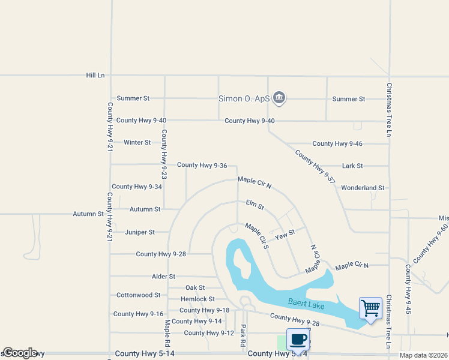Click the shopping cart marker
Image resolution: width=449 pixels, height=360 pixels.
370,309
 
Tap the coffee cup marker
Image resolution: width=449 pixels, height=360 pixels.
298,340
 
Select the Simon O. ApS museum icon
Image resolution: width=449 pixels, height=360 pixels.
279,98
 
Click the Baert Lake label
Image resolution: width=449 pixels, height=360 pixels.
306,305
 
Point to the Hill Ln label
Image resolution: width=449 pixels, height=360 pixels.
95,75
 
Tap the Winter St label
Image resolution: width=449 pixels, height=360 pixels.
137,142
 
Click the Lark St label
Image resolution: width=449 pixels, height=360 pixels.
352,166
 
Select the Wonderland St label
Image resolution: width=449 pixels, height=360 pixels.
363,188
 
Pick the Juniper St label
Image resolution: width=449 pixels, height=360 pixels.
139,232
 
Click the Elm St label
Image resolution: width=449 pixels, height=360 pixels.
255,206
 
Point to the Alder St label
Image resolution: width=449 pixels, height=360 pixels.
163,277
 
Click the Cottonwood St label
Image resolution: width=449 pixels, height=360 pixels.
138,295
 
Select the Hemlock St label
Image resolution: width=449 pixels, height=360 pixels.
197,299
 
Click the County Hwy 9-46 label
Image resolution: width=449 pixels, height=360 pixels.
337,143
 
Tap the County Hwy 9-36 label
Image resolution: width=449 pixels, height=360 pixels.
202,165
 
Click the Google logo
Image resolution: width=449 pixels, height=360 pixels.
20,353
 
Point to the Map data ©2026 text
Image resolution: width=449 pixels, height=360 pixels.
423,355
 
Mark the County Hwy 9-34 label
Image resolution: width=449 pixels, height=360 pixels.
137,187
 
